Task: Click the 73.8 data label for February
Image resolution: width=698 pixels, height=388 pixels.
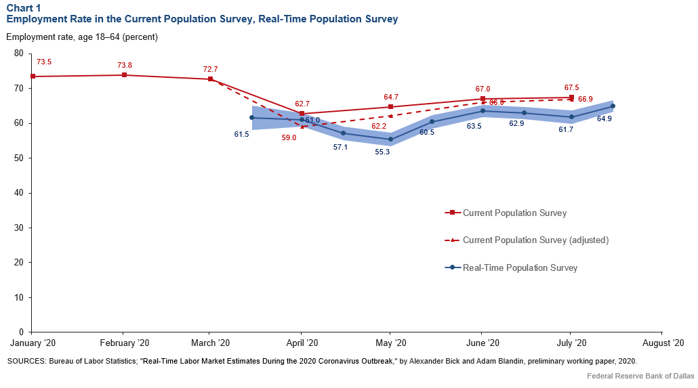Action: pos(125,65)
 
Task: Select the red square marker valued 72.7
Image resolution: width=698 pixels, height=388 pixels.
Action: pos(210,79)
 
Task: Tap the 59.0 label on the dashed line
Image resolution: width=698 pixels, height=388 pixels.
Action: pos(290,137)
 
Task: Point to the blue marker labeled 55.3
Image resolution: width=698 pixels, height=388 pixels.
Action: pos(390,139)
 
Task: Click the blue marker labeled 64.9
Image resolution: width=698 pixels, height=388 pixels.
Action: pos(613,106)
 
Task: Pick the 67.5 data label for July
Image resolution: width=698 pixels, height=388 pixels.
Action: pos(571,87)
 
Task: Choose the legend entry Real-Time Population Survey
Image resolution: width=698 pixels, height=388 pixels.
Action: pos(520,267)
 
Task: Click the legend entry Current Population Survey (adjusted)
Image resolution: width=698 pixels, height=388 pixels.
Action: pos(535,240)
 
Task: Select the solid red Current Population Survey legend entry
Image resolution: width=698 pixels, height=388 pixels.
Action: pos(514,213)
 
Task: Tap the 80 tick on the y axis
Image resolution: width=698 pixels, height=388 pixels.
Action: pos(18,53)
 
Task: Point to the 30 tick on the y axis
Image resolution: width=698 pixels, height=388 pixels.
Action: pos(18,228)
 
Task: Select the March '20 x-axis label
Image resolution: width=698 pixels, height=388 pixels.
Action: pos(209,343)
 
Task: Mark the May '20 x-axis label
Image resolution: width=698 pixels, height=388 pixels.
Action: pos(390,343)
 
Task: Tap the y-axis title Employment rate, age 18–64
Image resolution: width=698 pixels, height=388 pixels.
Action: pos(81,37)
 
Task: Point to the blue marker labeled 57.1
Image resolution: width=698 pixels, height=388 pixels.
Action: pos(344,133)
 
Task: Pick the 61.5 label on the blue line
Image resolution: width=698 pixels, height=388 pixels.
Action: pos(242,135)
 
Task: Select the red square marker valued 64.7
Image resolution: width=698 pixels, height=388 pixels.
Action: pos(390,107)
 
